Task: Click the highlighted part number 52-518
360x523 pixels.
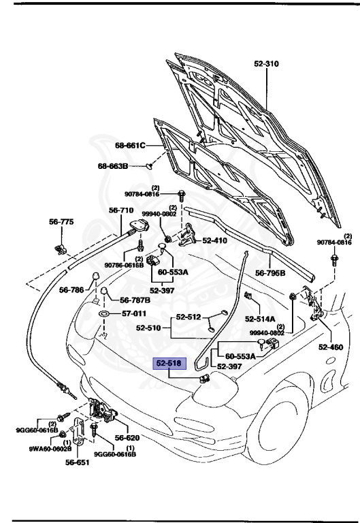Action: [x=169, y=364]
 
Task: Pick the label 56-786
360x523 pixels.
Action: [x=71, y=290]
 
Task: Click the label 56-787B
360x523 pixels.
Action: [x=135, y=300]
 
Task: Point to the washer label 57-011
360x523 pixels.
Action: [x=133, y=314]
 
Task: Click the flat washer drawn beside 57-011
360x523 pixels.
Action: [x=106, y=314]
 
